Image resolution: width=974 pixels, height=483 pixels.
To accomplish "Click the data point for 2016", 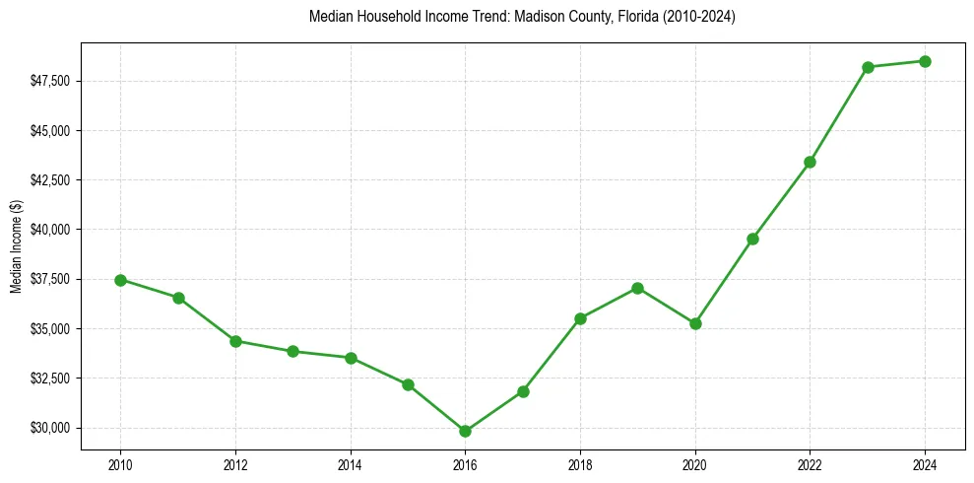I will point(465,431).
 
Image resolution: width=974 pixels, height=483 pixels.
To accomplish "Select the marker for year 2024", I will point(925,61).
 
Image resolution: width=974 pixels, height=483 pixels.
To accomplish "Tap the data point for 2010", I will point(120,280).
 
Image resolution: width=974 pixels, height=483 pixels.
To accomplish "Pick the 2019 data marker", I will point(637,288).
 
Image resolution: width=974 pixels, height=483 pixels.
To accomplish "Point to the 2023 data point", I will point(868,67).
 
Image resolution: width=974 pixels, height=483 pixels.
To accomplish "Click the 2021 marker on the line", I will point(752,239).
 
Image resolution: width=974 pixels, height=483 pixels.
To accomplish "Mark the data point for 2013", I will point(292,351).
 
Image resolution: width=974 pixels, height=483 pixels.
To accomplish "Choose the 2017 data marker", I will point(523,391).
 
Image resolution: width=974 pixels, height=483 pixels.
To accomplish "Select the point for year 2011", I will point(178,298).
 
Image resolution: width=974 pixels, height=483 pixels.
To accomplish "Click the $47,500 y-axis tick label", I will point(52,81).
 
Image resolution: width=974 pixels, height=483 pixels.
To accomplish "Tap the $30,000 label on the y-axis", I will point(52,428).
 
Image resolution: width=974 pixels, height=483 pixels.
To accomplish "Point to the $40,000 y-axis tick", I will point(52,230).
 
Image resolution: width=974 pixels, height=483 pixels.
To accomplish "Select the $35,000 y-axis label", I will point(52,328).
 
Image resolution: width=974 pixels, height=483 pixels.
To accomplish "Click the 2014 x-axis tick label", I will point(350,464).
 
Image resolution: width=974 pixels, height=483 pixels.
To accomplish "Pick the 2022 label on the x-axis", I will point(810,464).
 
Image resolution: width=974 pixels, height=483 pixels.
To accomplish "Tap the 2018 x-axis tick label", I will point(580,464).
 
